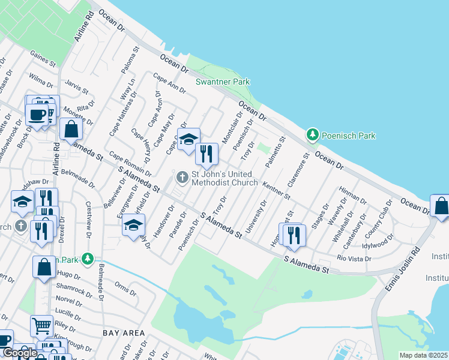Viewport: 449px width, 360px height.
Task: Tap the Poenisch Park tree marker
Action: pyautogui.click(x=312, y=135)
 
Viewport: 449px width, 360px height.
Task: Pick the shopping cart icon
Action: pyautogui.click(x=41, y=326)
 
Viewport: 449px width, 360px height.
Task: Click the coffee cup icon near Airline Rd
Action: pyautogui.click(x=38, y=113)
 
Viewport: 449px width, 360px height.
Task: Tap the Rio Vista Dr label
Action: pyautogui.click(x=354, y=259)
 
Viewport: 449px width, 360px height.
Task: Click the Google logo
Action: pyautogui.click(x=19, y=353)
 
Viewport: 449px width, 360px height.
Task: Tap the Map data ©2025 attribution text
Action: pyautogui.click(x=423, y=355)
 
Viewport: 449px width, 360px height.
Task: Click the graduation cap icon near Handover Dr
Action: pyautogui.click(x=134, y=226)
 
